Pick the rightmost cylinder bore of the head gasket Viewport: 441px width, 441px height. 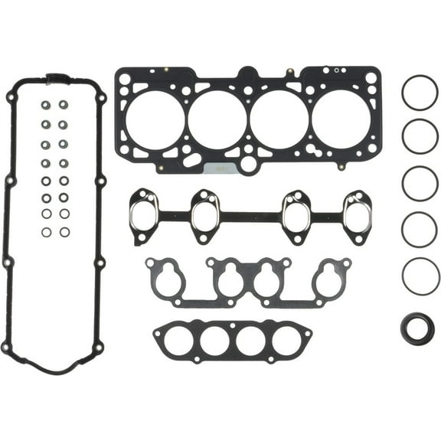pos(341,119)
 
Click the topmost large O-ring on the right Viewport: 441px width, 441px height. pos(420,93)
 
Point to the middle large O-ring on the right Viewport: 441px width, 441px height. pos(420,184)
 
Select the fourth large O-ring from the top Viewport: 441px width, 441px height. pos(420,229)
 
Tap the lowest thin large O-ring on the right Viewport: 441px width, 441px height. pos(420,275)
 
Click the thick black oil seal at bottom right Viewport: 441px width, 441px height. pos(417,328)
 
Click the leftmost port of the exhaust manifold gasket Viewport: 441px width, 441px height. pos(142,215)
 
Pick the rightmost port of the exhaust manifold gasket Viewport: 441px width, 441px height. pos(358,215)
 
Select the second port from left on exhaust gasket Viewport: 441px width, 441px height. pos(205,215)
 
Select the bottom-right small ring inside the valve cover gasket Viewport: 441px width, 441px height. pos(64,232)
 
